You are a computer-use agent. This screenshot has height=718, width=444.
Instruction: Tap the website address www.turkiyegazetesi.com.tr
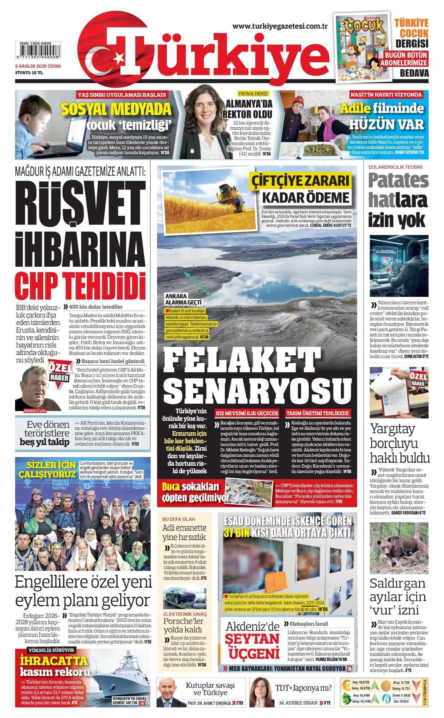click(281, 26)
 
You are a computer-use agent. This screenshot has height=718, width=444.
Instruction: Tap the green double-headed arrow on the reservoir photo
click(198, 283)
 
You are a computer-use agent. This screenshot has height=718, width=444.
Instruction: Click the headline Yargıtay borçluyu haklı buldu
click(399, 444)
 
